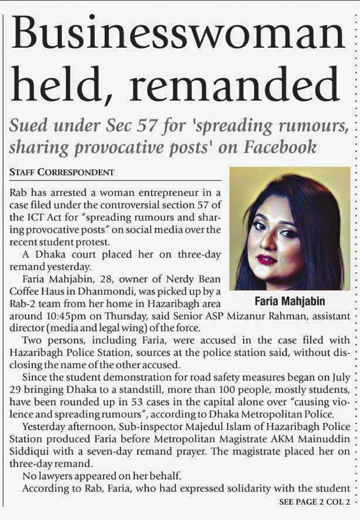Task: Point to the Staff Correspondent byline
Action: coord(62,173)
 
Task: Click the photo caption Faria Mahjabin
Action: coord(289,301)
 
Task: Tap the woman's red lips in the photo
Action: coord(266,259)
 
